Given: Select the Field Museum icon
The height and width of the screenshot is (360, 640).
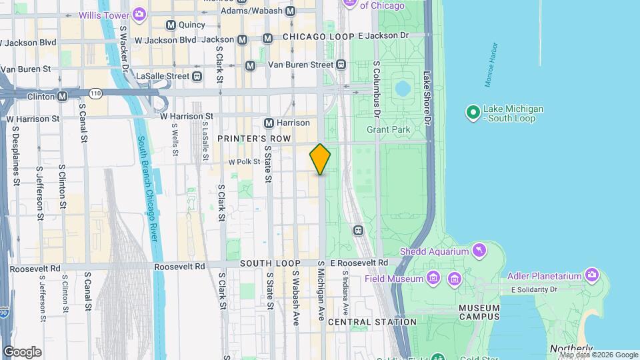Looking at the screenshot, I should click(433, 277).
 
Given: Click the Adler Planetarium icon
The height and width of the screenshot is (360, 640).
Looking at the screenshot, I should click(591, 274).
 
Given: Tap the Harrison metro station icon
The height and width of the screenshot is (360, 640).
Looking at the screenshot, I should click(269, 123).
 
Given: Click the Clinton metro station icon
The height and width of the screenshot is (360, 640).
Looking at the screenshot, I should click(62, 96).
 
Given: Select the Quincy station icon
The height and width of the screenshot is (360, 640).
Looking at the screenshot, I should click(171, 25).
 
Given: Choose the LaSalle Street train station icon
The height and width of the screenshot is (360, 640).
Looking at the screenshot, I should click(197, 76).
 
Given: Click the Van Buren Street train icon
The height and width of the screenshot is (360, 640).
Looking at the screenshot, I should click(341, 65).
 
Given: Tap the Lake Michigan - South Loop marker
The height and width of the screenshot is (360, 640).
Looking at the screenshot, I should click(473, 113).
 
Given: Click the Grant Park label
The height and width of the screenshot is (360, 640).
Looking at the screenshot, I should click(387, 129).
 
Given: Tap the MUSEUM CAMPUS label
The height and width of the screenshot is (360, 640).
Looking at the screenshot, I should click(480, 312).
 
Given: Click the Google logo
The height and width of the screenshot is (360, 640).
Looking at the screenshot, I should click(22, 352).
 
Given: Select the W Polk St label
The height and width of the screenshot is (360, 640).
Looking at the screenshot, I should click(243, 161).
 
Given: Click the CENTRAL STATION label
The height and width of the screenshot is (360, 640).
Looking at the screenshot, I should click(372, 322).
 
